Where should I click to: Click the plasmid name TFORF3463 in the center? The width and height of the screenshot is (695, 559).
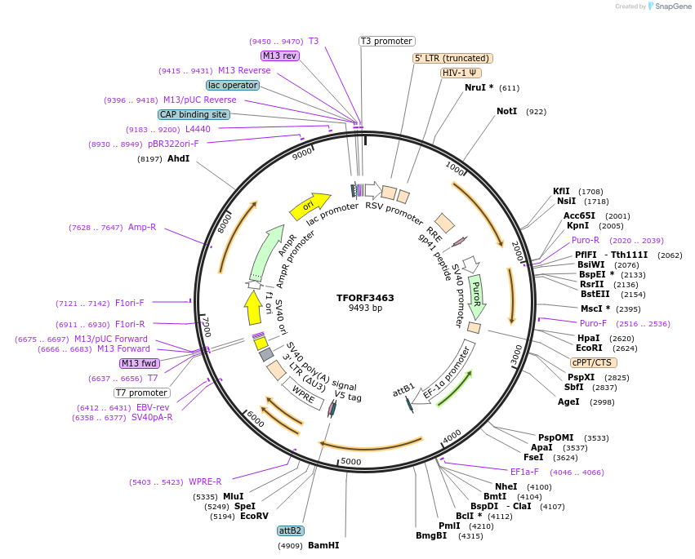pos(365,298)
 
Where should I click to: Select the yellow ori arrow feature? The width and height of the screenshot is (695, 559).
pos(309,206)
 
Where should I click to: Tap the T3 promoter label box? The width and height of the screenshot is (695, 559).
pos(387,41)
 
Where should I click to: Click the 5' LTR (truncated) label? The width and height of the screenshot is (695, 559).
pos(452,58)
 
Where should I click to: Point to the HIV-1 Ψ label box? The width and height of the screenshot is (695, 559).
pos(461,73)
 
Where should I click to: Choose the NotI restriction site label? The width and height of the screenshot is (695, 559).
pos(506,111)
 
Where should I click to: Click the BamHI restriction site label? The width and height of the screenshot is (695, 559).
pos(323,545)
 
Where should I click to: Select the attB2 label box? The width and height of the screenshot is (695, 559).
pos(291,530)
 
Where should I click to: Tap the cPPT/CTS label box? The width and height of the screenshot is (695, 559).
pos(594,362)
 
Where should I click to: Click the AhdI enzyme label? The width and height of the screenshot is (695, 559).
pos(178,159)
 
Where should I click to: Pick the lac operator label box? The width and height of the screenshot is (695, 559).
pos(233,85)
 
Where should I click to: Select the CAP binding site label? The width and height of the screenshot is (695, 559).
pos(194,115)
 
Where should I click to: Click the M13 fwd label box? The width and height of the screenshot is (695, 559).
pos(140,363)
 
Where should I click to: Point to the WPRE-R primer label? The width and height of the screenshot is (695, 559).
pos(205,481)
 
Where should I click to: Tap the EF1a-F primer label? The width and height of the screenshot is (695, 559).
pos(524,472)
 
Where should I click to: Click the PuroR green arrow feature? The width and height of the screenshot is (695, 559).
pos(477,295)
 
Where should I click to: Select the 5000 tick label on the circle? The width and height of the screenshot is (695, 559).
pos(351,462)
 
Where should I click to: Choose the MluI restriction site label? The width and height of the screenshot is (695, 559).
pos(234,496)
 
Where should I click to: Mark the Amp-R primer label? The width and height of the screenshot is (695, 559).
pos(141,227)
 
